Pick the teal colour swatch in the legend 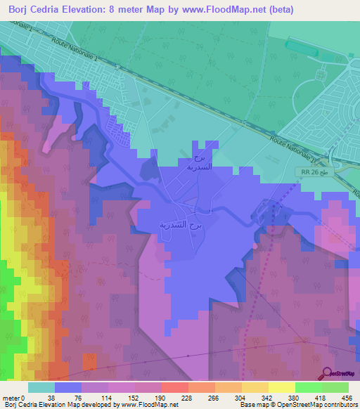(41, 387)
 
